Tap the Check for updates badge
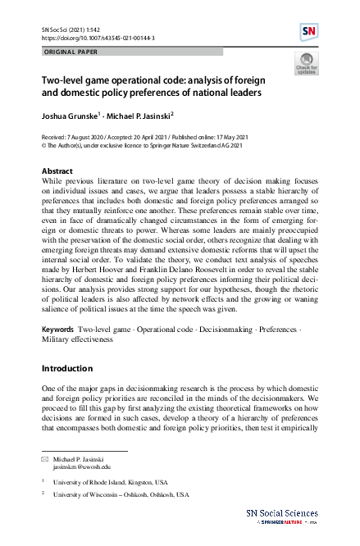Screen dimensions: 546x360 [306, 64]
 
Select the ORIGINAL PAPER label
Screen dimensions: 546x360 [71, 51]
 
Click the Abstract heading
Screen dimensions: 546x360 [57, 171]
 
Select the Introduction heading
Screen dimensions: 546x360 [67, 368]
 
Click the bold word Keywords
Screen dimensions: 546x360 [57, 329]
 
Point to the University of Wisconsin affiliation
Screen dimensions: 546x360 [121, 495]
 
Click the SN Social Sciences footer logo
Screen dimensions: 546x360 [282, 515]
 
